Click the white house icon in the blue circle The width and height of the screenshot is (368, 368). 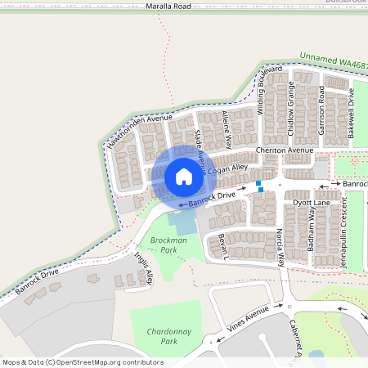click(184, 176)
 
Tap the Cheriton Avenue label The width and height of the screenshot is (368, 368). click(285, 151)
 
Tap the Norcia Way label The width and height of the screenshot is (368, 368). click(280, 248)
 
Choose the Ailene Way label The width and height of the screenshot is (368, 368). click(227, 128)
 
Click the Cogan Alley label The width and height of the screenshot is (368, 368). click(227, 168)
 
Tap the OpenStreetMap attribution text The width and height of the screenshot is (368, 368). click(83, 362)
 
